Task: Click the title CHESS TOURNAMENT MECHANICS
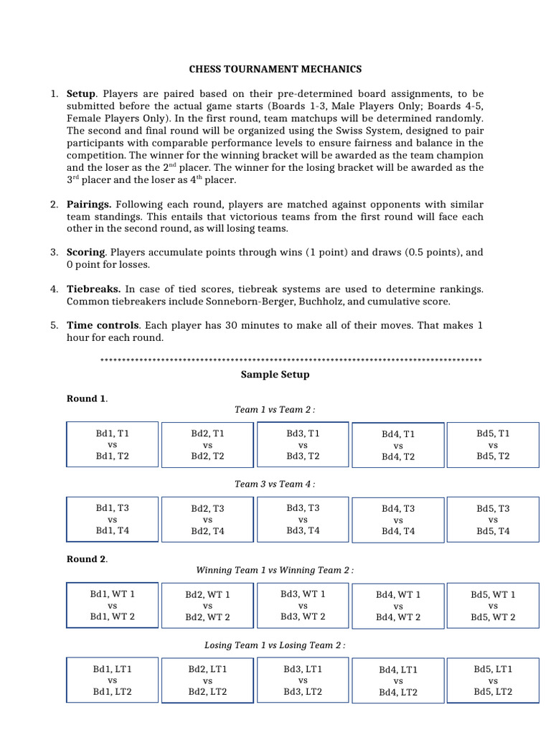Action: coord(275,69)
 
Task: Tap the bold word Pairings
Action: coord(90,205)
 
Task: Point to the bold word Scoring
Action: coord(86,253)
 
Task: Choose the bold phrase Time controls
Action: coord(103,326)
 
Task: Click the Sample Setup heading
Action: coord(275,375)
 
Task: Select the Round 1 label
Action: coord(87,399)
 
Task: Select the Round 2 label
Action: coord(87,559)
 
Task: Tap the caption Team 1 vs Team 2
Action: coord(275,409)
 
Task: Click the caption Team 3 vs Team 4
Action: coord(275,484)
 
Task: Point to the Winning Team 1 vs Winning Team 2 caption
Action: coord(275,570)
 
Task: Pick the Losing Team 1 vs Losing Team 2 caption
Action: coord(275,645)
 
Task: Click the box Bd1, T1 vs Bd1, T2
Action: coord(112,445)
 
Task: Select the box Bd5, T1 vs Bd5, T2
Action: coord(493,445)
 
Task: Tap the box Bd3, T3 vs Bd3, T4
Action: coord(303,519)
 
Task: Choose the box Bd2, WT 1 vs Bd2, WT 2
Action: coord(207,606)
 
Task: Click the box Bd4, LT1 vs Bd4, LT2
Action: coord(398,680)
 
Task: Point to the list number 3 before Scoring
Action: coord(54,253)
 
